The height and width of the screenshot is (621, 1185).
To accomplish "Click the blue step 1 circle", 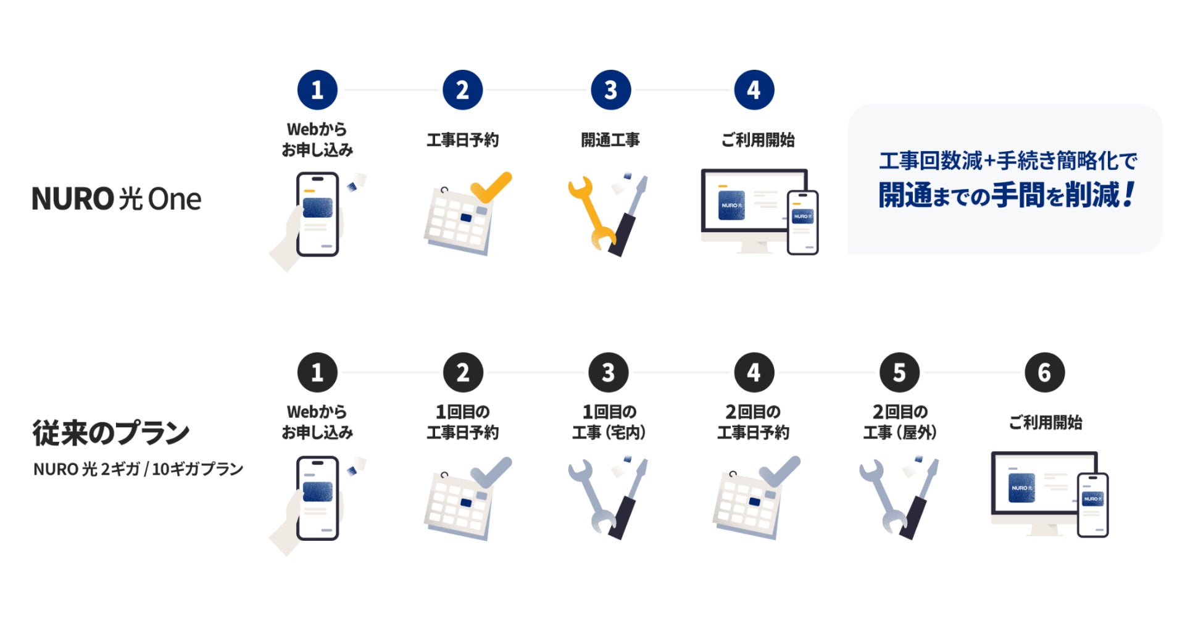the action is (317, 90).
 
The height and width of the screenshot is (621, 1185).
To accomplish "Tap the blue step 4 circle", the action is (754, 90).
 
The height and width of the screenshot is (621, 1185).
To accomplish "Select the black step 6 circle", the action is (1044, 372).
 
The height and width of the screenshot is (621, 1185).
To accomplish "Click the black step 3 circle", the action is (609, 372).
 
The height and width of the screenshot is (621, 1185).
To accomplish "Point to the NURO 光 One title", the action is (117, 199).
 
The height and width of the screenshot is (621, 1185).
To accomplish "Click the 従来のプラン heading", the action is (111, 432).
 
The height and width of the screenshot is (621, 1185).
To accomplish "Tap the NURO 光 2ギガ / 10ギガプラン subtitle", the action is (138, 469).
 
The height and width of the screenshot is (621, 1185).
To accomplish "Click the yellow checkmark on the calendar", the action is (491, 186).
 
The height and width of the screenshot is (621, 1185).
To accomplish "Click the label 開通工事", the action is (610, 140).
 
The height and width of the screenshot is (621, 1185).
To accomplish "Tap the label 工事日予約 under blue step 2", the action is (463, 140).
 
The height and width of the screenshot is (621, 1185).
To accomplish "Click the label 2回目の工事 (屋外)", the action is (900, 422).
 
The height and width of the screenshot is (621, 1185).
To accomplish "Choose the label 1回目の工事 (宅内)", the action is (609, 422).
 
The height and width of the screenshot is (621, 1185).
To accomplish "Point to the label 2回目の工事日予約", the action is (754, 422).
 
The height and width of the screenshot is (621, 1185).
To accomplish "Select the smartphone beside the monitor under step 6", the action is (1093, 504).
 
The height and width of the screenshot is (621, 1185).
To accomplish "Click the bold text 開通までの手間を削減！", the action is (1007, 195).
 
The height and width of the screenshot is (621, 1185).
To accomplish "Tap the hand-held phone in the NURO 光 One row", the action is (317, 214).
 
